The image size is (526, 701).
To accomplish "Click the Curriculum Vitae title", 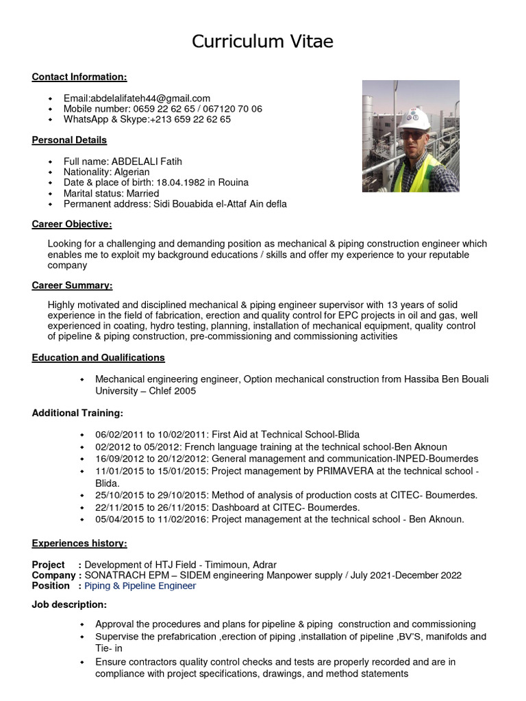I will (262, 42).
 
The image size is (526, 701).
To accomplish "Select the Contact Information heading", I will (79, 77).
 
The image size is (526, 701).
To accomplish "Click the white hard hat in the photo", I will (414, 116).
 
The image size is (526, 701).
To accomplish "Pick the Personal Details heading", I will (69, 140).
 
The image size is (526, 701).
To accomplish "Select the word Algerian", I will (129, 172).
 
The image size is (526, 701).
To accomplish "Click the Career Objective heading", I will (72, 225).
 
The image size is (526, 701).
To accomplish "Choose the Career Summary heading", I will (72, 285).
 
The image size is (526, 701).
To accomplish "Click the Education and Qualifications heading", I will (98, 357).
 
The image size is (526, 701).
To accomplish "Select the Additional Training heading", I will (77, 413).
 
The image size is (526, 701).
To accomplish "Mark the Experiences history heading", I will (79, 544).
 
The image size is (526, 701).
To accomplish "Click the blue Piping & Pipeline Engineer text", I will (140, 586).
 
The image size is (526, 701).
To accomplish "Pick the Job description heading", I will (69, 604).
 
